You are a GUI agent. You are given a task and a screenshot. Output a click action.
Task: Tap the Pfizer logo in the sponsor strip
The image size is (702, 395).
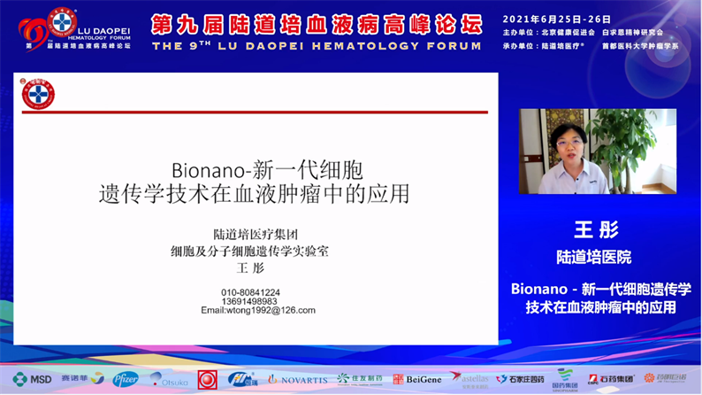(x=125, y=379)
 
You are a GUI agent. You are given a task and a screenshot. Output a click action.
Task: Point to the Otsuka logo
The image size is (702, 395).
(x=168, y=379)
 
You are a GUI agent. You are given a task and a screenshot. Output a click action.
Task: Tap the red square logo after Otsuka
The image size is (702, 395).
(x=207, y=379)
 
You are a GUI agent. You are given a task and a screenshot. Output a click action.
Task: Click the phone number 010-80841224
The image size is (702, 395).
(x=250, y=292)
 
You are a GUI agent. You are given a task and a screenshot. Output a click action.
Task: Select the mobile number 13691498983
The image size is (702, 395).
(x=250, y=301)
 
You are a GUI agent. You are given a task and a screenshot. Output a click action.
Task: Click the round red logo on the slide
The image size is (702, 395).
(x=38, y=94)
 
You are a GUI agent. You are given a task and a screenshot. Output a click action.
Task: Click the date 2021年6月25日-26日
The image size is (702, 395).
(x=557, y=19)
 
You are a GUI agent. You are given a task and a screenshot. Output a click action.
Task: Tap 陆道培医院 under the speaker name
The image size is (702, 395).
(x=593, y=258)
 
